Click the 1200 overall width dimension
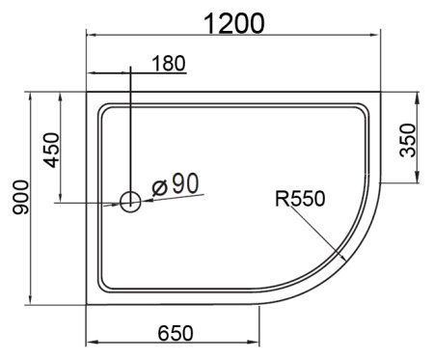(x=233, y=20)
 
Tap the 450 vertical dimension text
(x=51, y=148)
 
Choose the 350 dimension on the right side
(x=409, y=141)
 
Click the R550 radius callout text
(x=300, y=199)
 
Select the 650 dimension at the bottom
(x=175, y=332)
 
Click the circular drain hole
(x=129, y=202)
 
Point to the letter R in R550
(x=281, y=199)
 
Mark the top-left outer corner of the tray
(x=88, y=94)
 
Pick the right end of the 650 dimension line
(x=260, y=343)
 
